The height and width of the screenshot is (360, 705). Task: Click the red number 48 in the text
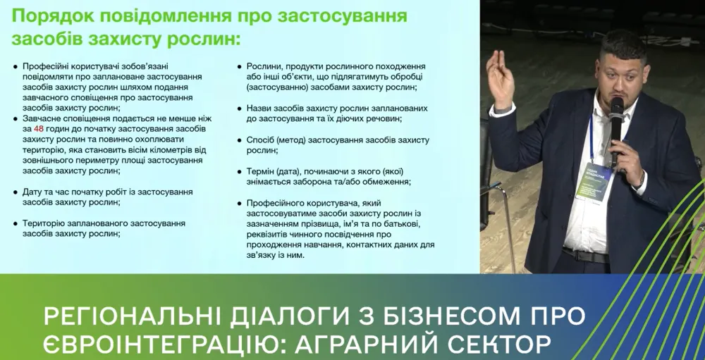(39, 130)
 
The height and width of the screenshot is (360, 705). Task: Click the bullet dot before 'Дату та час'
(16, 192)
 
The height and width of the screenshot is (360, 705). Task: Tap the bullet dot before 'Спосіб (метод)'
(240, 140)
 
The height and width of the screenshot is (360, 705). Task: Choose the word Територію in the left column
(44, 223)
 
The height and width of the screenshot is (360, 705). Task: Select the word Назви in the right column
(259, 108)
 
